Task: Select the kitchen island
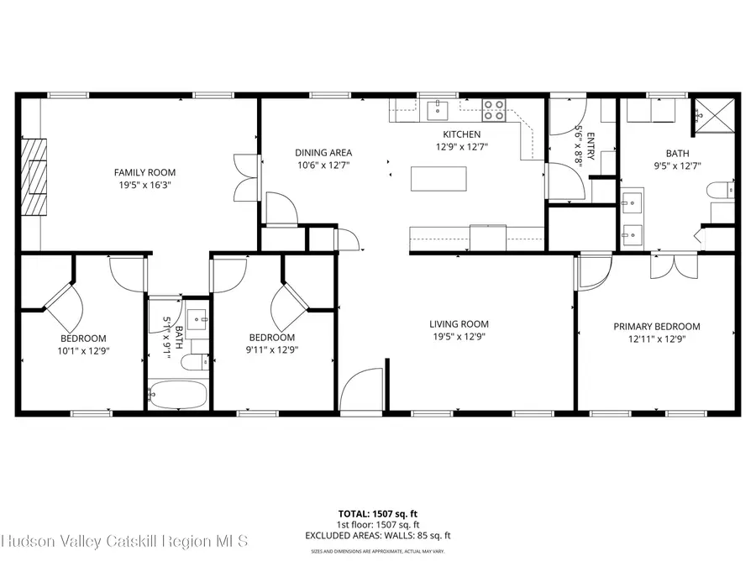(438, 179)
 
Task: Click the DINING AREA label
(323, 153)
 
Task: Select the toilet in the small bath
(195, 363)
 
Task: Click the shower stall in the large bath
(713, 115)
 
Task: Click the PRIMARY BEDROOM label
(656, 327)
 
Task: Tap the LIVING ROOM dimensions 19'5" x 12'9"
(459, 337)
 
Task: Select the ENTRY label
(591, 144)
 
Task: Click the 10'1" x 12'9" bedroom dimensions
(82, 350)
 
